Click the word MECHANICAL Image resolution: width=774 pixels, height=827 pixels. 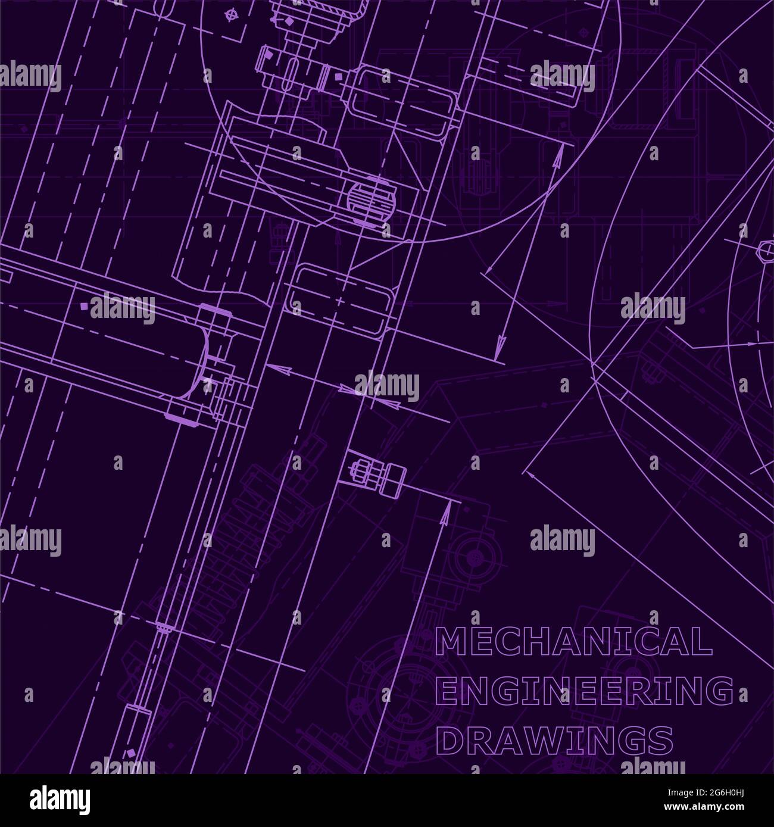pos(574,641)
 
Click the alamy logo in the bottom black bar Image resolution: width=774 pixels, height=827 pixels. pos(61,800)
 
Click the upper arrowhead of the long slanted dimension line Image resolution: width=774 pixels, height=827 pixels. pos(558,156)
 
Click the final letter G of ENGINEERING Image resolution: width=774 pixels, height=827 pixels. pos(722,691)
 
